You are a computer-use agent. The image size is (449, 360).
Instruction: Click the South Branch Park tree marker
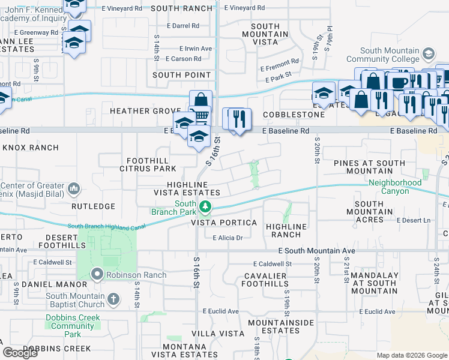(x=205, y=207)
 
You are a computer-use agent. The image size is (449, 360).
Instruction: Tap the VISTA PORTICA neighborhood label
(x=224, y=223)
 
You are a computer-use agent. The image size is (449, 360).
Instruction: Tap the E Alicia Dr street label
(x=227, y=238)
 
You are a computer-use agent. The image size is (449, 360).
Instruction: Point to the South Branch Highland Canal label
(x=107, y=226)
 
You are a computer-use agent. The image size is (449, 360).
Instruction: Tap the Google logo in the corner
(x=20, y=353)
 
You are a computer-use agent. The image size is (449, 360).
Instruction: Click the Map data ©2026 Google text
(x=411, y=355)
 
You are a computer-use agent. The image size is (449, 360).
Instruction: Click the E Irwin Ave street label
(x=196, y=49)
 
